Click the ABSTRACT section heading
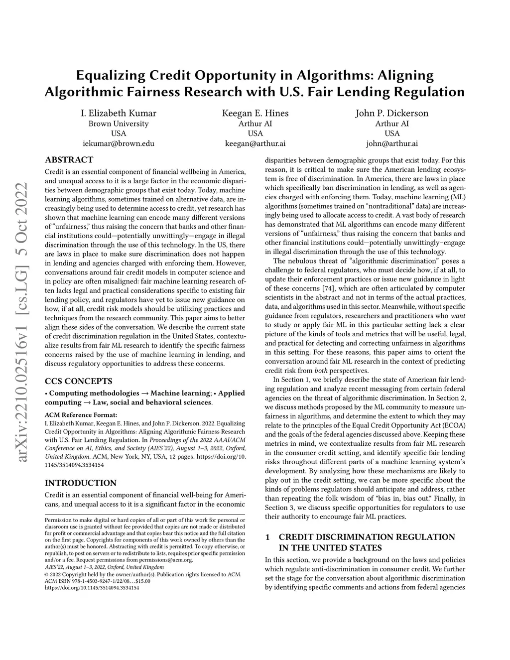(x=69, y=160)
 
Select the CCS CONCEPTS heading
(x=78, y=382)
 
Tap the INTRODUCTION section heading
(x=81, y=483)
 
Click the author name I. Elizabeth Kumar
(x=119, y=113)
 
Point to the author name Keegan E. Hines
(x=255, y=113)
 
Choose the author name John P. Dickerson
(x=391, y=113)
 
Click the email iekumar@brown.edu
(x=119, y=143)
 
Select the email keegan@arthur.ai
(x=255, y=143)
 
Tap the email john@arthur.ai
(x=391, y=143)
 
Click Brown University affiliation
(x=119, y=124)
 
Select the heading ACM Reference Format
(x=81, y=414)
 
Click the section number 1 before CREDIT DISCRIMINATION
(x=267, y=537)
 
